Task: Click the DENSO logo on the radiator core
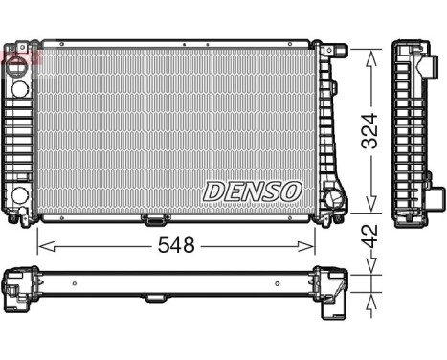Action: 252,191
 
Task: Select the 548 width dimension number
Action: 177,245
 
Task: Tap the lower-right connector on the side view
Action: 435,198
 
